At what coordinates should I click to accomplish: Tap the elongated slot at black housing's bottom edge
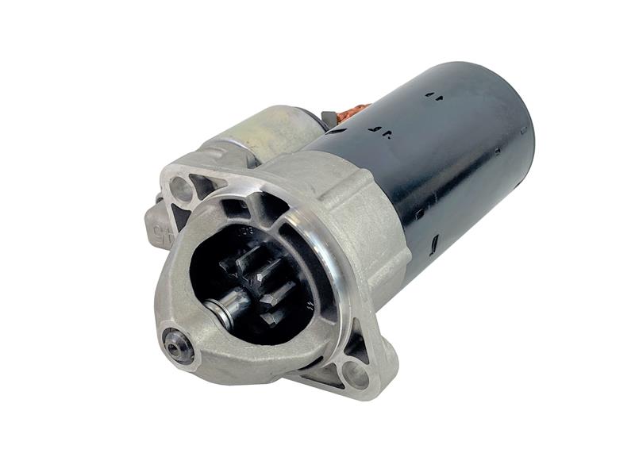(433, 240)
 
